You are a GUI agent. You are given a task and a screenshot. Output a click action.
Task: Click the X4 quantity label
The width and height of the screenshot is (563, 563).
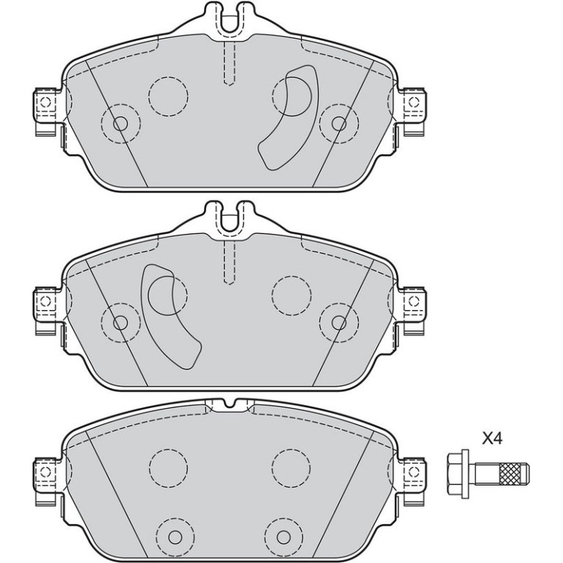pyautogui.click(x=492, y=439)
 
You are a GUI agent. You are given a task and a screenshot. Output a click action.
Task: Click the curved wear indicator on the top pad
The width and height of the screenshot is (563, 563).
pyautogui.click(x=287, y=118)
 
